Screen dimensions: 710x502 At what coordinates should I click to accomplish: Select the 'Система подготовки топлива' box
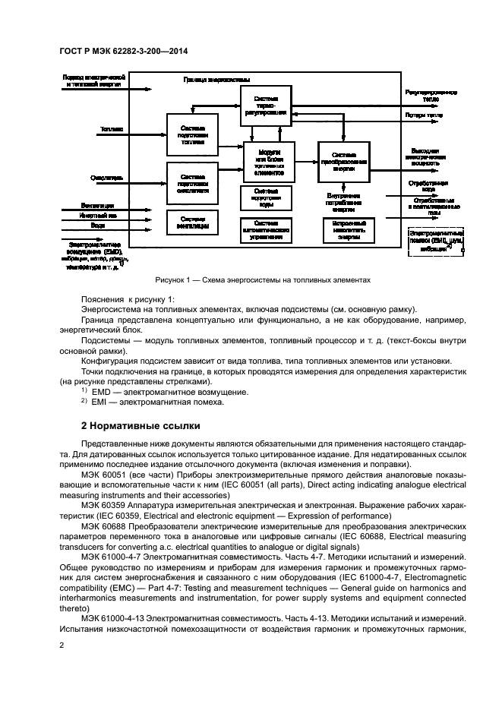(192, 134)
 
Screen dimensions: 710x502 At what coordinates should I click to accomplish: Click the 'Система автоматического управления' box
(266, 229)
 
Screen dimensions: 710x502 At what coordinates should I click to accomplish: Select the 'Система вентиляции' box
(192, 222)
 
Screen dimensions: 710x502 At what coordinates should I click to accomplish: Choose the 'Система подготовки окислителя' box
(192, 183)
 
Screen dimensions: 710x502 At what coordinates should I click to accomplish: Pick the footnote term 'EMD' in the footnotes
(101, 391)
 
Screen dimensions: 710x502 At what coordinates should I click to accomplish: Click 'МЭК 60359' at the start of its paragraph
(102, 504)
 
